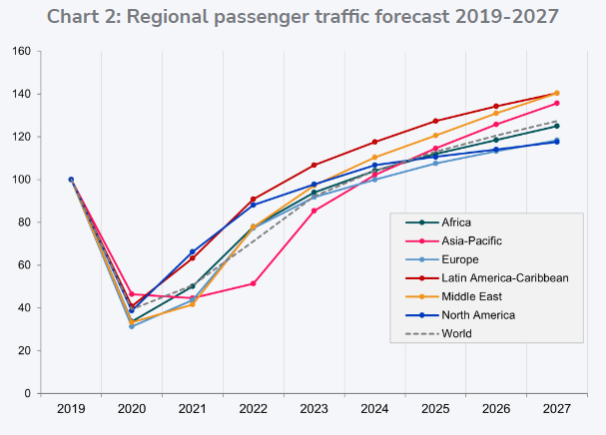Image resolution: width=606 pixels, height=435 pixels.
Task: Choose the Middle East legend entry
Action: (x=474, y=296)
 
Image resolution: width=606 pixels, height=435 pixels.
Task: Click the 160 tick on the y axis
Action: (x=20, y=51)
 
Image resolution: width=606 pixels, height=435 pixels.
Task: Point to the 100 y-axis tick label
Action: (x=20, y=180)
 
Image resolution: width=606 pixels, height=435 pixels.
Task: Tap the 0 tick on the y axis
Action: (x=27, y=393)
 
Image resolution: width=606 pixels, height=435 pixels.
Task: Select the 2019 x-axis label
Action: (x=71, y=408)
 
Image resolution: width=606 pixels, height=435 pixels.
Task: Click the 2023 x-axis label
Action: (x=313, y=408)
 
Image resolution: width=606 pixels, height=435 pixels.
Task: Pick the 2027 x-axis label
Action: (x=556, y=408)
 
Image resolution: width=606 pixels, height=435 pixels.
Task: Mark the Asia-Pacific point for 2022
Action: (x=254, y=283)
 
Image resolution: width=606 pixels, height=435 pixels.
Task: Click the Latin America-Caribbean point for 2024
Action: (x=374, y=142)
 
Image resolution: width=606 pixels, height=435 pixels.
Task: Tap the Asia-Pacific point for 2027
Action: (x=556, y=103)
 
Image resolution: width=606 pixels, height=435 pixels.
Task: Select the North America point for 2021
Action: (x=192, y=252)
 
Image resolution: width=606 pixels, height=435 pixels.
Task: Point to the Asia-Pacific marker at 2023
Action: (x=313, y=211)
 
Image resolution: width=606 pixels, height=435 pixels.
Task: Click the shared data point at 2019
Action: (x=71, y=180)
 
